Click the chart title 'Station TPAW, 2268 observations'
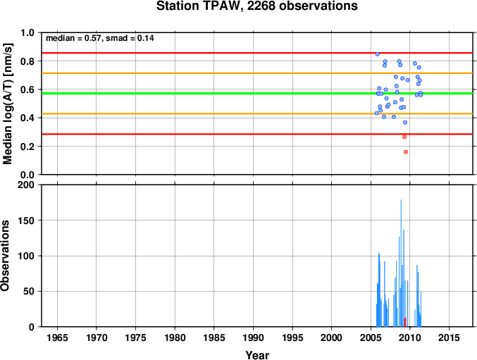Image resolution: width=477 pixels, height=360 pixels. tap(256, 6)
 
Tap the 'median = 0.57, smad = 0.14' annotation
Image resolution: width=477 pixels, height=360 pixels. tap(100, 38)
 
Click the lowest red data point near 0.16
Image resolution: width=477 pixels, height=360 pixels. tap(406, 152)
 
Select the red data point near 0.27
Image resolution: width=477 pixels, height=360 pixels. tap(404, 137)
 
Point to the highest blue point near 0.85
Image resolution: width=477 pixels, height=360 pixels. tap(377, 54)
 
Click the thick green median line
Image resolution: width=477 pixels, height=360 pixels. tap(257, 93)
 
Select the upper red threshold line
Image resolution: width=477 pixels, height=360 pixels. tap(257, 53)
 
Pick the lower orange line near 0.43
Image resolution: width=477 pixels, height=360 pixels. tap(257, 113)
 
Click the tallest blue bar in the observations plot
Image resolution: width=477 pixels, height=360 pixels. tap(401, 263)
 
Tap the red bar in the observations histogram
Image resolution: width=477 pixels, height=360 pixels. tap(405, 322)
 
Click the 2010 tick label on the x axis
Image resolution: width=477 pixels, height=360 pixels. tap(410, 337)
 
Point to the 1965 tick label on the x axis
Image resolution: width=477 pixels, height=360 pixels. tap(58, 337)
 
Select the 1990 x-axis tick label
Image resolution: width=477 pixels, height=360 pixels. tap(253, 337)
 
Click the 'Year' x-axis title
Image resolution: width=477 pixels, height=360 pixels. tap(257, 355)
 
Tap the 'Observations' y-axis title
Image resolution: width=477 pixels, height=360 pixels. tap(5, 256)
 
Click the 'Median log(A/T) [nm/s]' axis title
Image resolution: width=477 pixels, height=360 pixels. tap(7, 104)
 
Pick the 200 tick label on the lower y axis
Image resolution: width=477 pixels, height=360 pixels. tap(26, 185)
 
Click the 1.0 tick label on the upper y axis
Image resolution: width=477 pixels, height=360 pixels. tap(27, 32)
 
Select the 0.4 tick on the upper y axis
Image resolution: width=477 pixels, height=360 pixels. tap(27, 118)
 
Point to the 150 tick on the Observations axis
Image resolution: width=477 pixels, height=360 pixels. tap(26, 221)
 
